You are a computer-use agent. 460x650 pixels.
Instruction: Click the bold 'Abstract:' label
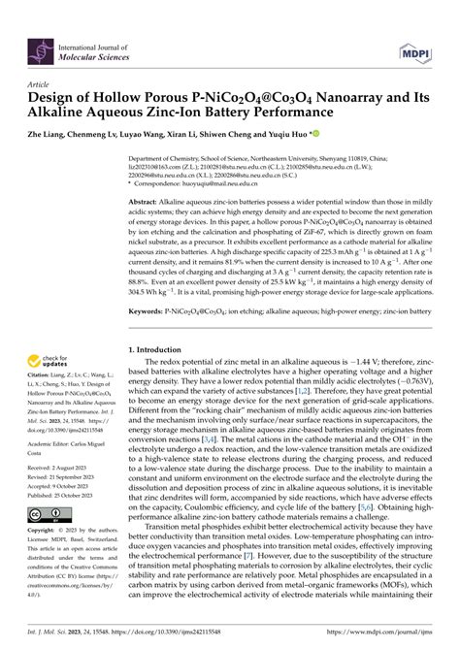click(x=147, y=200)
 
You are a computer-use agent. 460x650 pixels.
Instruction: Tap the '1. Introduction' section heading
click(x=158, y=347)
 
